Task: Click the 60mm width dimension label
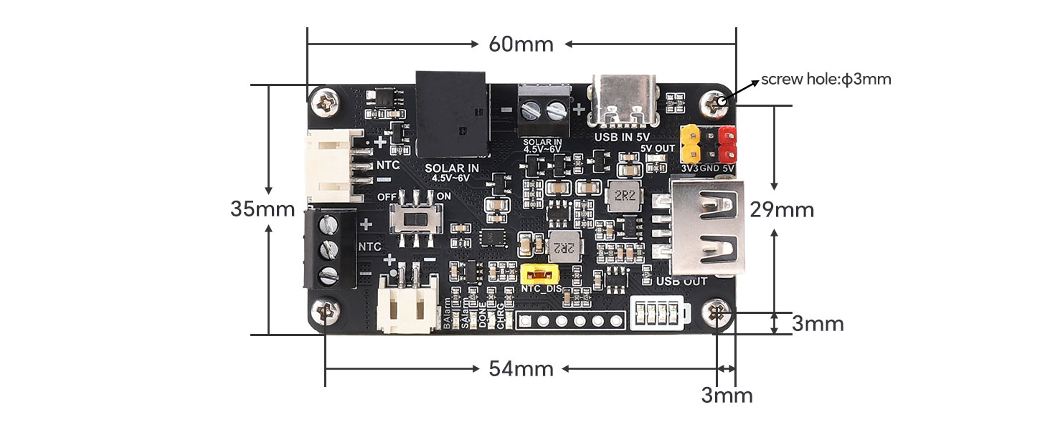[x=521, y=44]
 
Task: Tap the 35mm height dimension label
[x=262, y=209]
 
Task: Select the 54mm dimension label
[x=521, y=369]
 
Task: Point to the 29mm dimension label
[x=782, y=210]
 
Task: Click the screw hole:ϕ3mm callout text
[x=826, y=79]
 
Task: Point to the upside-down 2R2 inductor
[x=562, y=247]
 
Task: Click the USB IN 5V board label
[x=623, y=136]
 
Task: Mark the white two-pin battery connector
[x=407, y=306]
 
